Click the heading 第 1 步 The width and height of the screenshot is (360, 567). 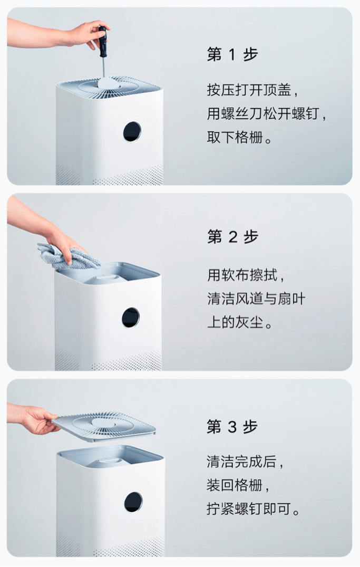point(232,55)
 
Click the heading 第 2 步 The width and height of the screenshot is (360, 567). point(232,237)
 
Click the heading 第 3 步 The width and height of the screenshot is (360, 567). point(232,427)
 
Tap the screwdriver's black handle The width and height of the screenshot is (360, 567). point(102,39)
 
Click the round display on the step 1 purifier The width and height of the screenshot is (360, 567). point(132,132)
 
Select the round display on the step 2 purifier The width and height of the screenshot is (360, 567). point(131,317)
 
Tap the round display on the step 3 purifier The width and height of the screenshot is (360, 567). point(133,502)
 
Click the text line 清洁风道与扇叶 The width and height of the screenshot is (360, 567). point(256,299)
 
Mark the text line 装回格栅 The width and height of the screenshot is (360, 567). point(240,486)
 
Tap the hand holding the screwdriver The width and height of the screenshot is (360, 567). point(84,34)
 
